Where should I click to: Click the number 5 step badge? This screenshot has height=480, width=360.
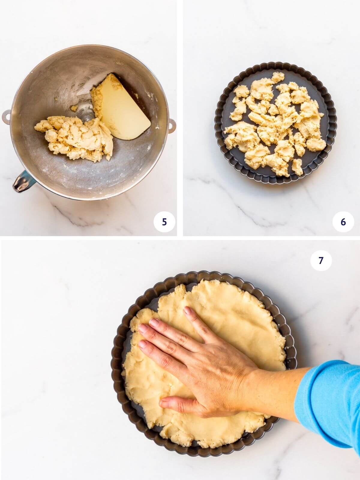tap(164, 222)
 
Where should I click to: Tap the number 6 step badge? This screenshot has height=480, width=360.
tap(343, 222)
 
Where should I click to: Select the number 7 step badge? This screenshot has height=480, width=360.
tap(321, 261)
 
